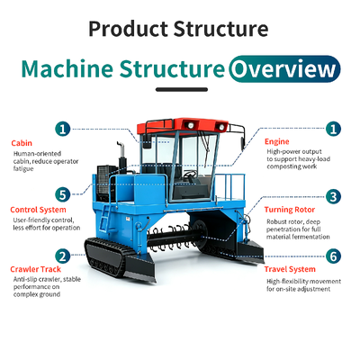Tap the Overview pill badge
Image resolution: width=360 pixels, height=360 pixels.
click(x=284, y=69)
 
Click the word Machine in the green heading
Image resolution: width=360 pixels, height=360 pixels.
click(x=67, y=68)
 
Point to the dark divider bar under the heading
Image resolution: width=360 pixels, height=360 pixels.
click(x=182, y=89)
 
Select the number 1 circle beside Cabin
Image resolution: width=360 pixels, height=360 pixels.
click(x=63, y=130)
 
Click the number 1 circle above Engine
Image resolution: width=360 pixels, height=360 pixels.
click(x=333, y=129)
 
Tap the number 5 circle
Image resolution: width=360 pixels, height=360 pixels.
click(x=63, y=194)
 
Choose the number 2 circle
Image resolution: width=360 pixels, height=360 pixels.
click(x=63, y=256)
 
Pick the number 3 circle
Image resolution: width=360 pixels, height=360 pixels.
click(x=333, y=197)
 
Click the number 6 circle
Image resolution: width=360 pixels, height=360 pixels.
click(x=333, y=256)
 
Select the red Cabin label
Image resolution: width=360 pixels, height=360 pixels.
click(x=22, y=143)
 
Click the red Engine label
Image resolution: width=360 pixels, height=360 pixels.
click(x=277, y=141)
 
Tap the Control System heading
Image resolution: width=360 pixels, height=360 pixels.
click(x=38, y=210)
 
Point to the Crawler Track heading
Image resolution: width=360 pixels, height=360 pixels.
click(x=35, y=269)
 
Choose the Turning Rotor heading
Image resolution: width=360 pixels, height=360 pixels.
click(x=290, y=210)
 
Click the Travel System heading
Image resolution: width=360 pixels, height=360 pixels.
click(x=290, y=269)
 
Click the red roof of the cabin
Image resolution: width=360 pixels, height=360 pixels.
click(x=182, y=125)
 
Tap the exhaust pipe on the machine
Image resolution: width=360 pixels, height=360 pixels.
click(x=121, y=155)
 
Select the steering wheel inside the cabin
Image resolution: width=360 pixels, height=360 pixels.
click(x=190, y=174)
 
